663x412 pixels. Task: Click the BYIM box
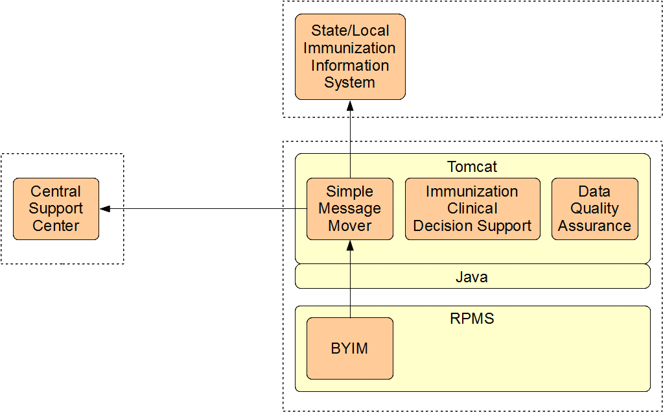coord(349,348)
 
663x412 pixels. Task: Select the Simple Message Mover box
coord(349,209)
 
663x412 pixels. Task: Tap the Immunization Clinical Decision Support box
coord(472,209)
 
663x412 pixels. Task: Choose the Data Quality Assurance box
coord(594,209)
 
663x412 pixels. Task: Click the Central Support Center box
coord(56,209)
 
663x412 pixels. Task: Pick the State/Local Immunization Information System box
coord(350,56)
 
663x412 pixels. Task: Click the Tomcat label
coord(472,167)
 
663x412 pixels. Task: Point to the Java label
coord(472,277)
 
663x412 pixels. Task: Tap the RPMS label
coord(472,319)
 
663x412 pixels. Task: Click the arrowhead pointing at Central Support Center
coord(105,209)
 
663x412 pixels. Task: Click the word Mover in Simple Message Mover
coord(349,226)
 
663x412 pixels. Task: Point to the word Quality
coord(594,208)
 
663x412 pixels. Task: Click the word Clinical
coord(472,208)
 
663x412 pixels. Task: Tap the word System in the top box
coord(349,82)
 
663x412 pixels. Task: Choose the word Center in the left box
coord(56,226)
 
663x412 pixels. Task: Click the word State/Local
coord(350,30)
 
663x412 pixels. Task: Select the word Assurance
coord(594,226)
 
